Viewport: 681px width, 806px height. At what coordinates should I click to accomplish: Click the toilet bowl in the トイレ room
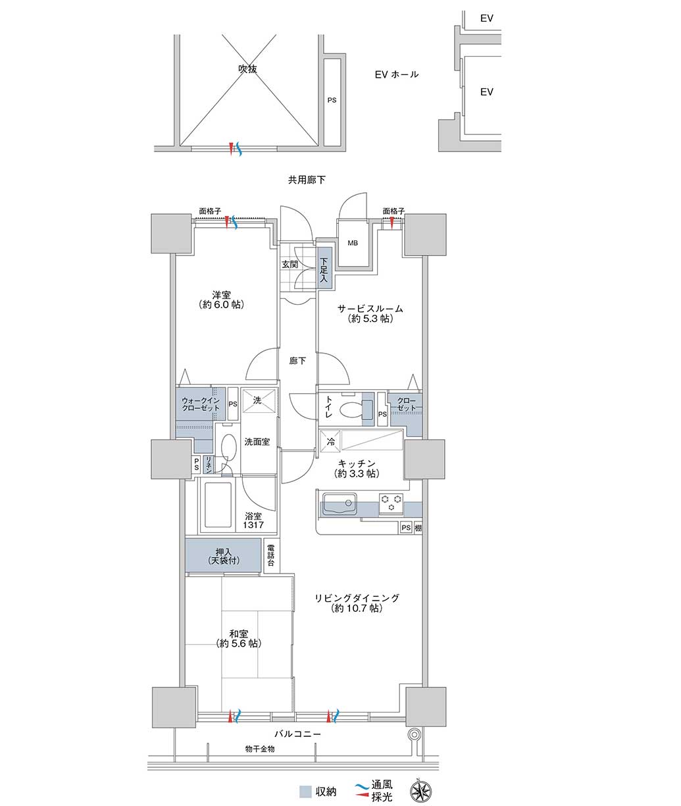coord(350,410)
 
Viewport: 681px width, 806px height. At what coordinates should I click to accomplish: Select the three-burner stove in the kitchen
coord(391,503)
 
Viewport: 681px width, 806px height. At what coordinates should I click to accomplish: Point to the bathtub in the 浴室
coord(218,505)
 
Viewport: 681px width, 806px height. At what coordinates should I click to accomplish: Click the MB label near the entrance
coord(353,243)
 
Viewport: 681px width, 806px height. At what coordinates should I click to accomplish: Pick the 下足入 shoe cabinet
coord(325,268)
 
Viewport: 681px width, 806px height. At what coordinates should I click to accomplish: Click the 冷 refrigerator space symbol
coord(330,441)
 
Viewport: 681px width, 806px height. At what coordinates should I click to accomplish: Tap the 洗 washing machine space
coord(257,400)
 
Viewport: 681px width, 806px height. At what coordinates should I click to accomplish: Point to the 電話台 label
coord(271,556)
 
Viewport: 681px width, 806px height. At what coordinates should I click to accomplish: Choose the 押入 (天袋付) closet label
coord(224,556)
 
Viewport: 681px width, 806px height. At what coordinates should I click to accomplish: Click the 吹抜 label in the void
coord(247,69)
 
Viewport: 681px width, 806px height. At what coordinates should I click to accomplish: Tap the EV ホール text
coord(397,74)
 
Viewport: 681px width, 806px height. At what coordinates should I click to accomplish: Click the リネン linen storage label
coord(209,465)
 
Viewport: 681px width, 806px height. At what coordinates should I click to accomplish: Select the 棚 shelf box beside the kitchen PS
coord(418,527)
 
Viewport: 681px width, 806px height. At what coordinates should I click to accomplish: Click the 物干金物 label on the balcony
coord(260,749)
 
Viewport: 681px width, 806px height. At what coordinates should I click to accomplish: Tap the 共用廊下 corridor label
coord(307,180)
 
